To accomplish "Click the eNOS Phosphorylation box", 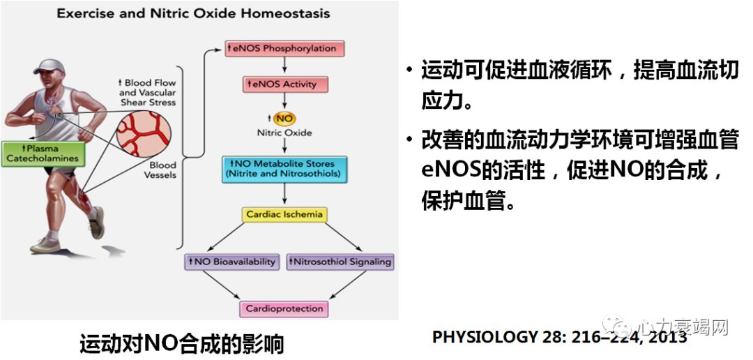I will (x=285, y=49).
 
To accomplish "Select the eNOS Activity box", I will (x=285, y=84).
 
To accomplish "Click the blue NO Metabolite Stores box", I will (x=284, y=169).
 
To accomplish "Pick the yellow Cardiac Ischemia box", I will (x=284, y=214).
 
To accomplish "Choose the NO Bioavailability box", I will (x=231, y=262).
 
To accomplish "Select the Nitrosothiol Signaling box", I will (x=340, y=262).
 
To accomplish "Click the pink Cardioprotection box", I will (x=284, y=308).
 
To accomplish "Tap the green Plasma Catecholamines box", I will (x=43, y=153).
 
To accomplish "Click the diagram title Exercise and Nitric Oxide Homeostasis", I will (x=193, y=13).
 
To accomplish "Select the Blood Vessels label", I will (x=160, y=170).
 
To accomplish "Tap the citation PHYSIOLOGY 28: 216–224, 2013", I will (x=559, y=337).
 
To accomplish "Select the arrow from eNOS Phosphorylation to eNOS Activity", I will (x=285, y=66).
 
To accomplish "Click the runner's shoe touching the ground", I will (x=46, y=245).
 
